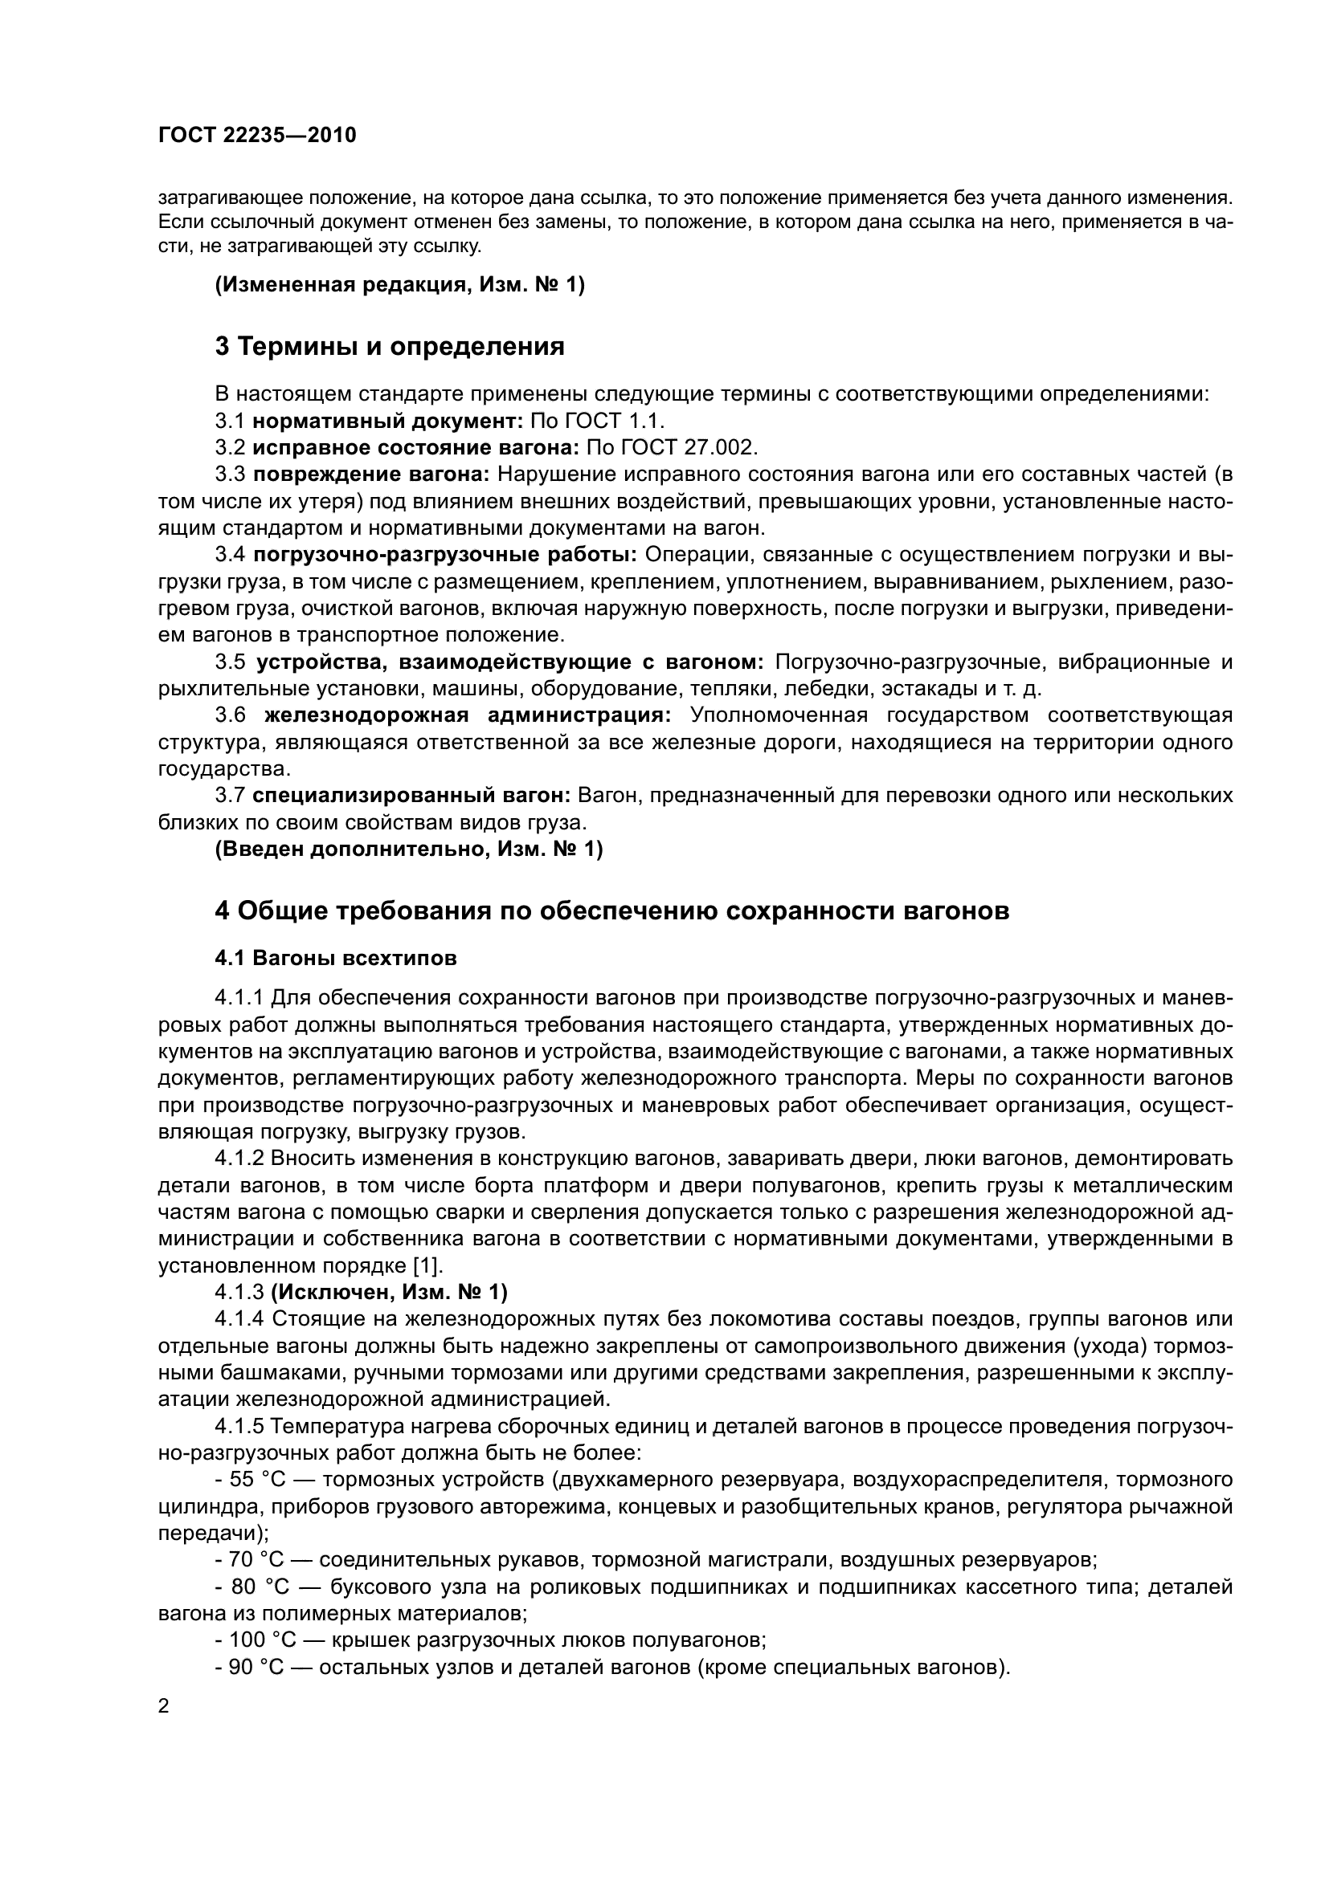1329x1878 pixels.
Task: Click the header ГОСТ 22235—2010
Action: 257,135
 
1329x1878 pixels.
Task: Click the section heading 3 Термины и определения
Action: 390,347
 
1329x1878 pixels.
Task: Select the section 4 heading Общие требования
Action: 611,910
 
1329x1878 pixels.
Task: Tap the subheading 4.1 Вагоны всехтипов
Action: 336,958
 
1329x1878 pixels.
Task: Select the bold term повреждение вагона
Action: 370,475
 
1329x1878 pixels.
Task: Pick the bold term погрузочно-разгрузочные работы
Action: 444,556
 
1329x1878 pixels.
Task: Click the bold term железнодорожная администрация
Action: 468,715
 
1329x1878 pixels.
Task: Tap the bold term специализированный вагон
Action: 411,795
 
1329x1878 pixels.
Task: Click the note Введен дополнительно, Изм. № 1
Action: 408,849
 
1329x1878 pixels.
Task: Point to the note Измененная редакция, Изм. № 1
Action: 399,286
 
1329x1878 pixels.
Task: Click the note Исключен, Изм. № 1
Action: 389,1293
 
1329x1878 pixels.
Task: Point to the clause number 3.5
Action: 230,662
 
